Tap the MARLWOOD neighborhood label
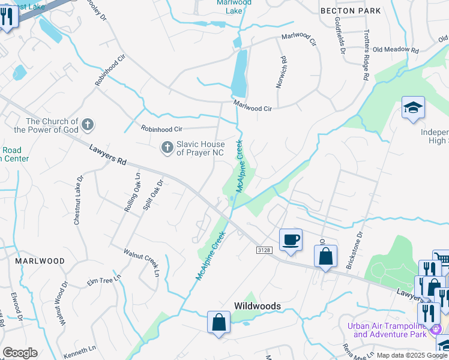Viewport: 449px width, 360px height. click(x=41, y=261)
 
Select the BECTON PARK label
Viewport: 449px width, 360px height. click(x=351, y=11)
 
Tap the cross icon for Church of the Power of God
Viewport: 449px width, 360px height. click(x=87, y=125)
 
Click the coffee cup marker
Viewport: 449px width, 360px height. click(x=291, y=240)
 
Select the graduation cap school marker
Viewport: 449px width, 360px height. click(x=413, y=108)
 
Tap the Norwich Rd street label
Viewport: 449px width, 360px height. click(x=280, y=73)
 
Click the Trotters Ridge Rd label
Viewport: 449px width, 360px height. click(x=365, y=54)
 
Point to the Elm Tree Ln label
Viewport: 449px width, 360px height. click(x=104, y=280)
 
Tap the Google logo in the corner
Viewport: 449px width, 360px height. click(x=20, y=353)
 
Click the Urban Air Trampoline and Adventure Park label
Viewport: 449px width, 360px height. click(x=391, y=330)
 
